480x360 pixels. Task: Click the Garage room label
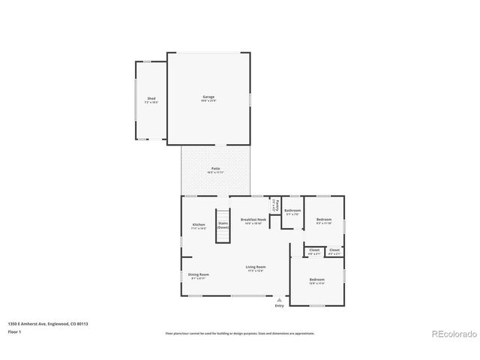coord(208,97)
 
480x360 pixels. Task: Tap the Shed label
coord(151,99)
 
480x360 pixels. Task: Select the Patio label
coord(215,169)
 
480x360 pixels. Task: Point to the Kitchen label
coord(199,225)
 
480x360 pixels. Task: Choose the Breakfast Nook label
coord(253,220)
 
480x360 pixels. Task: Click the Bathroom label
coord(292,211)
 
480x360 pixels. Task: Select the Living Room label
coord(256,267)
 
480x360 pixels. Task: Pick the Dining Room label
coord(199,274)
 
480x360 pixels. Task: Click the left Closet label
coord(314,250)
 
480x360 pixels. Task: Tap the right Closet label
coord(334,250)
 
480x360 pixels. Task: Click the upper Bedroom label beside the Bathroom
coord(324,220)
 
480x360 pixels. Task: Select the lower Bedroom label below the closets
coord(318,280)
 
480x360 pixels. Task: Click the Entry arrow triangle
coord(280,299)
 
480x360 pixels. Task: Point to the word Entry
coord(280,306)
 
